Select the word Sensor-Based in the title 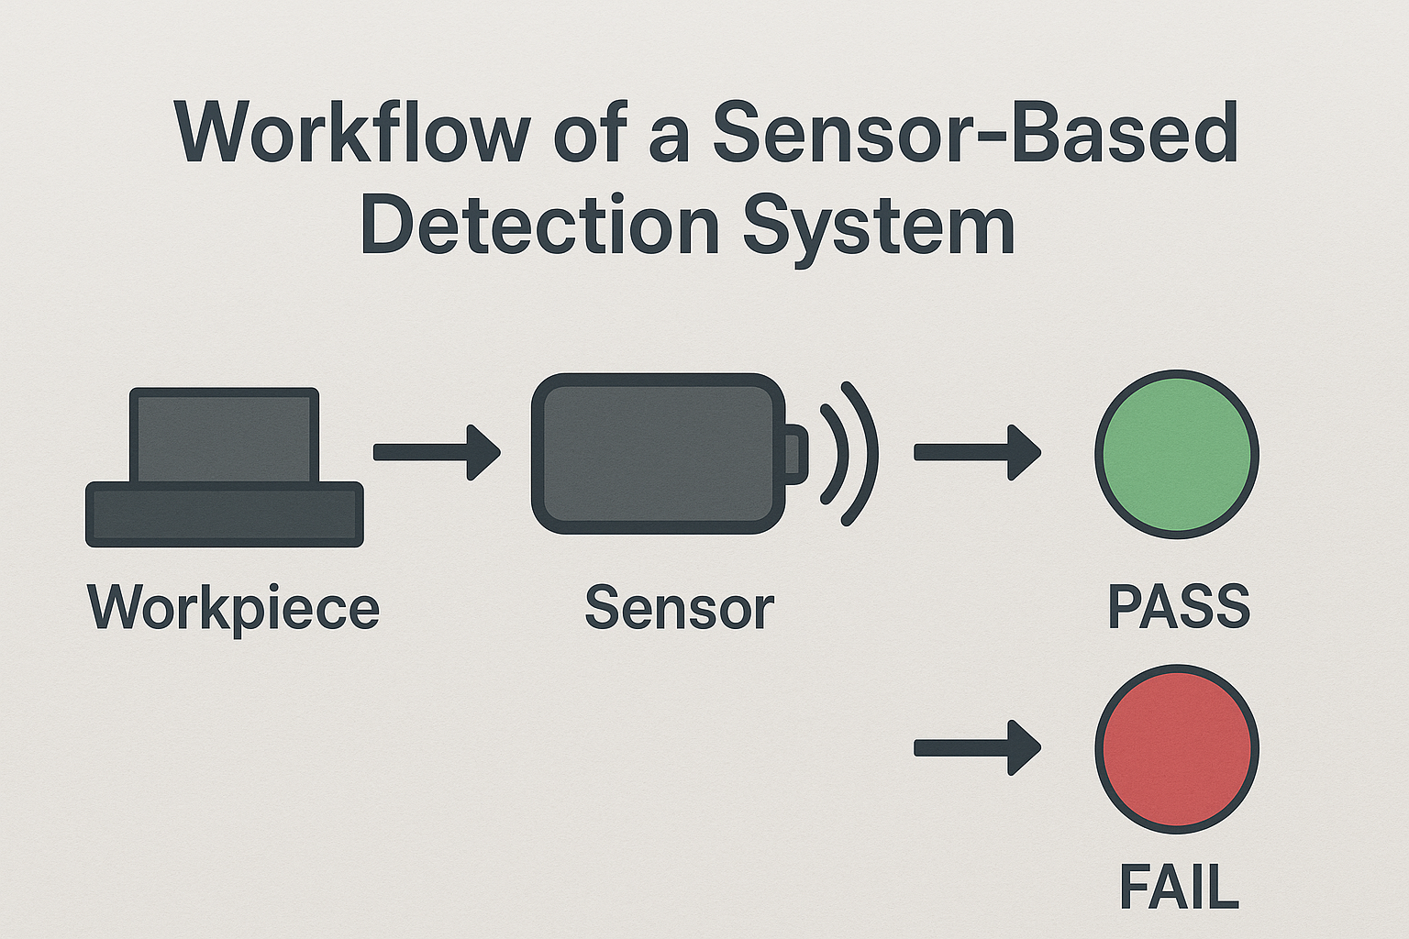tap(975, 134)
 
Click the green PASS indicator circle tap(1177, 454)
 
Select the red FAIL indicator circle tap(1177, 748)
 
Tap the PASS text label tap(1179, 607)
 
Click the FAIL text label tap(1179, 887)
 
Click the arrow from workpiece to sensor tap(436, 452)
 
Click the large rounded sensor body tap(658, 454)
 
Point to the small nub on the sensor tap(795, 454)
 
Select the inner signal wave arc tap(837, 454)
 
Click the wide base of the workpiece tap(225, 514)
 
